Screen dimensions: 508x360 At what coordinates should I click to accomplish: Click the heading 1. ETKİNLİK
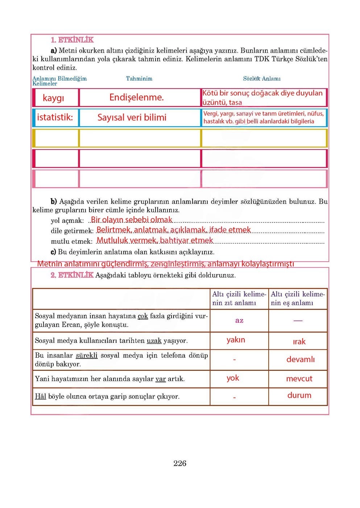72,40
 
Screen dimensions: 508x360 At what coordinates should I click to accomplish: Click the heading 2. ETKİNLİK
72,275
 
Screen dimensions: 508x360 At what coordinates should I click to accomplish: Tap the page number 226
180,463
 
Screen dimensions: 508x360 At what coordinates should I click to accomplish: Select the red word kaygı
53,98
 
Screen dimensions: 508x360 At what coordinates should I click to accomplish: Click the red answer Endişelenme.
137,97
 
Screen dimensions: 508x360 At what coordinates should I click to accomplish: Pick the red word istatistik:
55,117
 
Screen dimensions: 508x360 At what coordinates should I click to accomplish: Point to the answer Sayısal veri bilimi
132,117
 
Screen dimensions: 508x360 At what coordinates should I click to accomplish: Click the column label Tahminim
139,79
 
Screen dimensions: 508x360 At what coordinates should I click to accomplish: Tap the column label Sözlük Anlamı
262,79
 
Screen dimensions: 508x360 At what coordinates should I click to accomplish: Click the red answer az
239,320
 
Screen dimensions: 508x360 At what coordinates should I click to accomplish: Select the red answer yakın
236,340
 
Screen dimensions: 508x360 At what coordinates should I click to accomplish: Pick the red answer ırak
299,342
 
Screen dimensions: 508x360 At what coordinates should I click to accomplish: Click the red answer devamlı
301,360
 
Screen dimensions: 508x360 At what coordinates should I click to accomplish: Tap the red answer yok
233,378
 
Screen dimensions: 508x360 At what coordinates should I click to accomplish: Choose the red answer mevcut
299,379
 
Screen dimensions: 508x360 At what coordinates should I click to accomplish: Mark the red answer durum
299,396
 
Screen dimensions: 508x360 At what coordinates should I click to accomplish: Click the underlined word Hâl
40,396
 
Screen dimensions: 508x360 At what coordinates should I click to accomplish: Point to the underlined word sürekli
87,356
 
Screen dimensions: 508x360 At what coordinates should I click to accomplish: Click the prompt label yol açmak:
67,221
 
